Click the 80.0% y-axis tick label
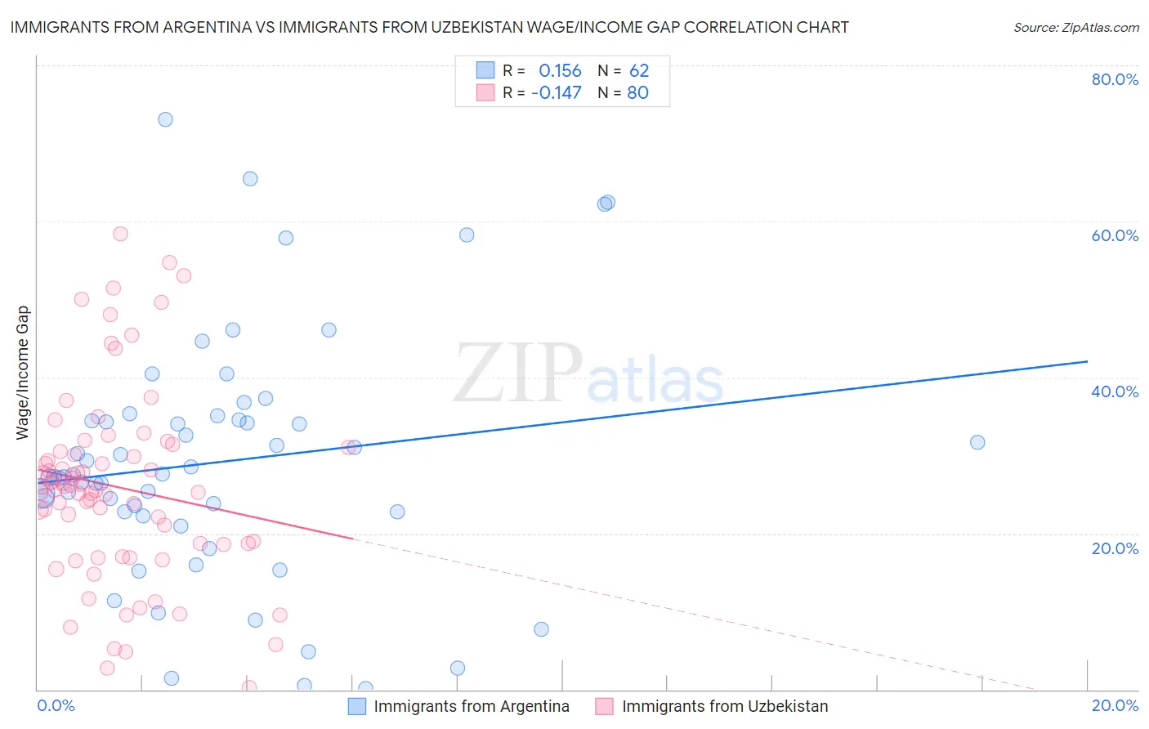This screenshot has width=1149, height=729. coord(1115,79)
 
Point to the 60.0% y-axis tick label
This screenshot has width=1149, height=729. coord(1115,235)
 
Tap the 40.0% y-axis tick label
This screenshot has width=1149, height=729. coord(1115,391)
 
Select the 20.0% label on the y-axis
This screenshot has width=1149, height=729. coord(1115,548)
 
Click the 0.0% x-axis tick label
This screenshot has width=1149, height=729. coord(56,705)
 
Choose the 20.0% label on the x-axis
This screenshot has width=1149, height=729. coord(1115,705)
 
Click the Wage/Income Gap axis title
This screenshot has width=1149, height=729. coord(23,373)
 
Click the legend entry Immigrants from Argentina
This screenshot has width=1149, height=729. coord(471,706)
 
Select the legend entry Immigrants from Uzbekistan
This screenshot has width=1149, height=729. coord(724,706)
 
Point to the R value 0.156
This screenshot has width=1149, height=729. coord(560,71)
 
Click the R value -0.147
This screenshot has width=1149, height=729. coord(556,93)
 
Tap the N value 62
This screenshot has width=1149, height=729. coord(639,71)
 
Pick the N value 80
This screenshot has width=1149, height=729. coord(637,93)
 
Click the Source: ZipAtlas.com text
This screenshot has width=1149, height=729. coord(1075,28)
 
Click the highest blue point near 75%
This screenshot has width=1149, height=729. coord(165,119)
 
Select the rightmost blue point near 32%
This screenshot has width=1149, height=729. coord(977,442)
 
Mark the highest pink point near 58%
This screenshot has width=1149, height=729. coord(120,234)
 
